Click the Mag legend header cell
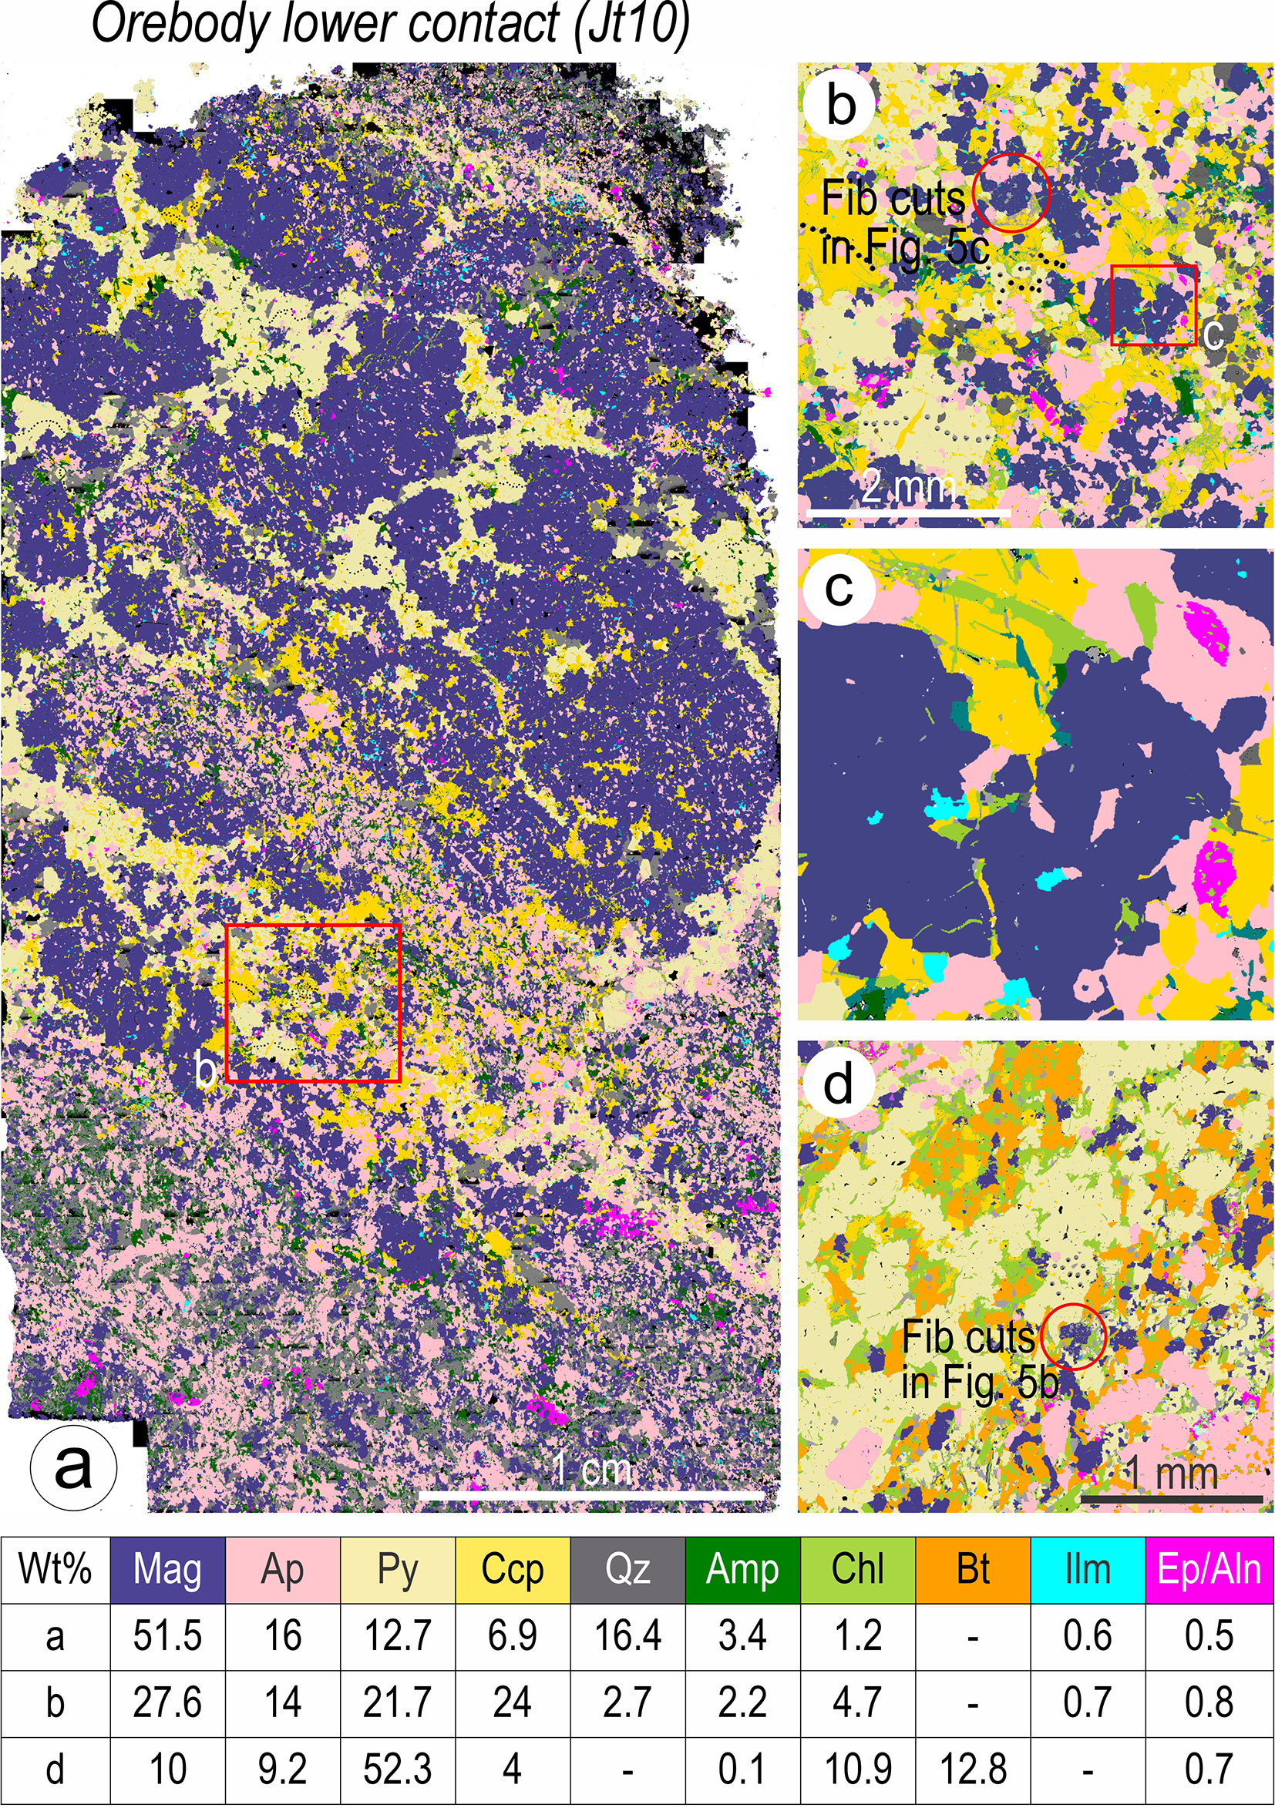(168, 1569)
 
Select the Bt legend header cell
(973, 1569)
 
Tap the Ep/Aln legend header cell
(1209, 1569)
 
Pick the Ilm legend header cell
(1088, 1569)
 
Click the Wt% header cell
(56, 1569)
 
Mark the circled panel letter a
(73, 1467)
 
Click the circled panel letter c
(839, 588)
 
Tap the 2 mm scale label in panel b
(908, 486)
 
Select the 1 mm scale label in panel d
(1170, 1472)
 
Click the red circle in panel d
(1073, 1336)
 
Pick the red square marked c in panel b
(1154, 304)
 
